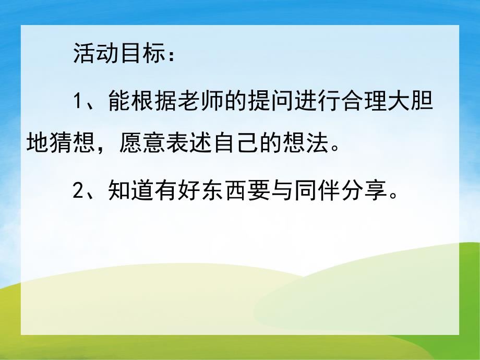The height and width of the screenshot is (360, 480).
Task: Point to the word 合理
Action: click(x=377, y=101)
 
